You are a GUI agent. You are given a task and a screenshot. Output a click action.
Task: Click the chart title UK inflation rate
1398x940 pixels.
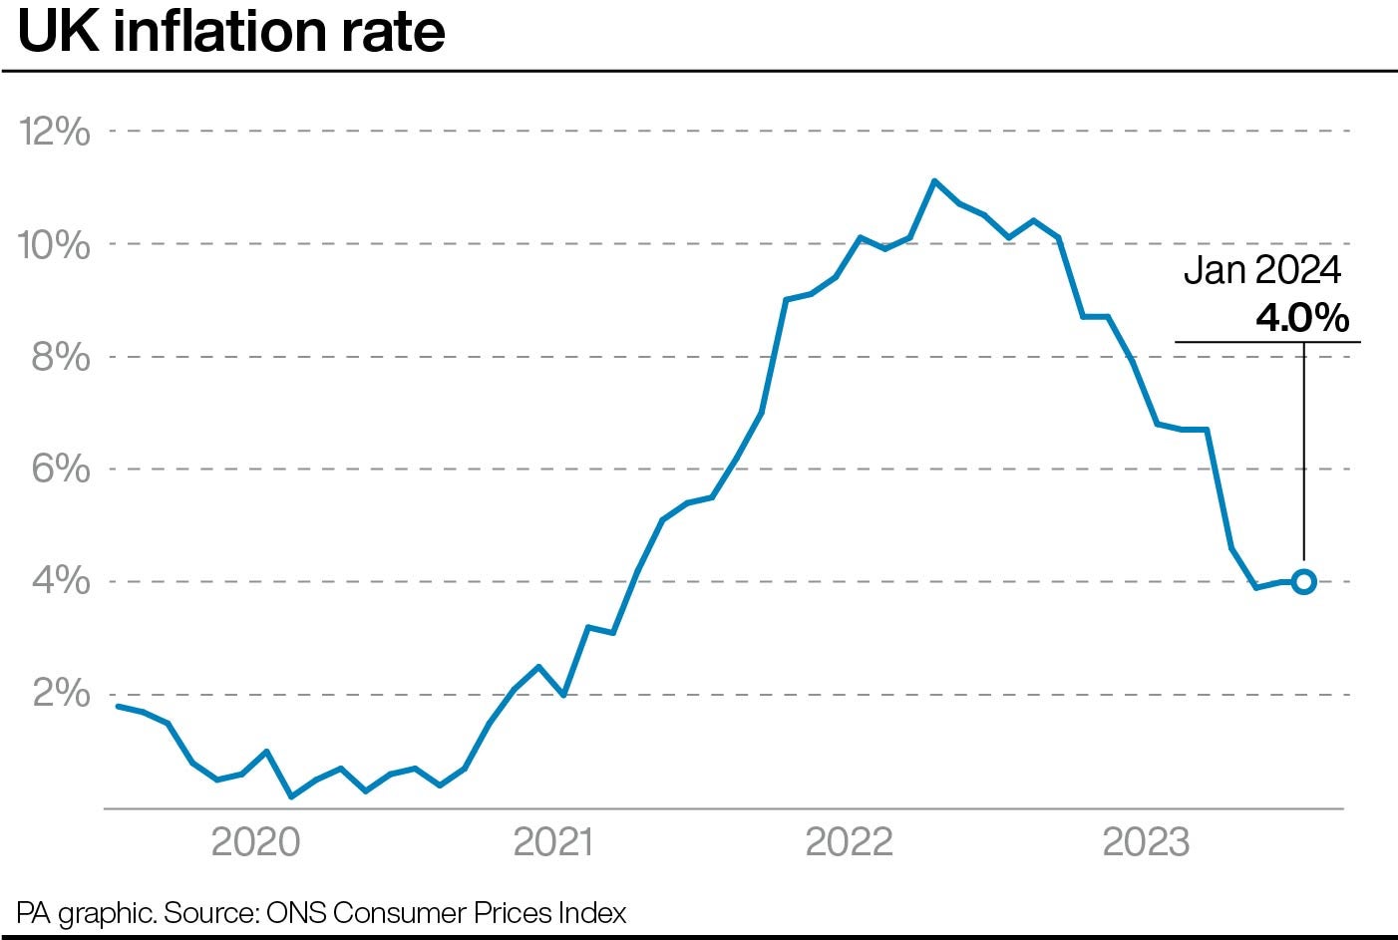pos(231,32)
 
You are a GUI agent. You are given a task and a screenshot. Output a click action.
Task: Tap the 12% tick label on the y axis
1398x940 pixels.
pos(55,132)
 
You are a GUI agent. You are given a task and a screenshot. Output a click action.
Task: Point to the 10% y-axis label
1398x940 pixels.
pos(55,244)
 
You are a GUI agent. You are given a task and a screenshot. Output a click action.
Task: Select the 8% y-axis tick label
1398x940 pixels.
pos(61,357)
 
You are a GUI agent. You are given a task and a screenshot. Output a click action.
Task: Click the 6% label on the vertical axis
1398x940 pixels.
pos(61,469)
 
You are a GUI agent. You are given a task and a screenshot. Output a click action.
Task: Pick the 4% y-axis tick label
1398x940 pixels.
pos(61,581)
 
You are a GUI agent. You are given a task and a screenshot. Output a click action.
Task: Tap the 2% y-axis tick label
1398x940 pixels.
pos(61,694)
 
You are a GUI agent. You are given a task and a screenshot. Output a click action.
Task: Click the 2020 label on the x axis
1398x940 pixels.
pos(256,842)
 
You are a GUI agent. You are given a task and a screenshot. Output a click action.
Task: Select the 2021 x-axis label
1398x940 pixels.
pos(552,842)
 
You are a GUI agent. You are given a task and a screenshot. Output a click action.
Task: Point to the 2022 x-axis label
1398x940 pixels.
pos(849,842)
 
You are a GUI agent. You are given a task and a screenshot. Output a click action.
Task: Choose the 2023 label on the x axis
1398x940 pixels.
pos(1146,842)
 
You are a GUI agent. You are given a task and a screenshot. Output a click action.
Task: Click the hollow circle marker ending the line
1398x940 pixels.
pos(1303,581)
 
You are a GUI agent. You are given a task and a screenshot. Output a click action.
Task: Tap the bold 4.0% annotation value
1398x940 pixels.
pos(1301,317)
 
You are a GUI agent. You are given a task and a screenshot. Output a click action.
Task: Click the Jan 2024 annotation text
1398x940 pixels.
pos(1261,271)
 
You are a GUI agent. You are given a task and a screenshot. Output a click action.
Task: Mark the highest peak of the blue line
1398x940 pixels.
pos(933,181)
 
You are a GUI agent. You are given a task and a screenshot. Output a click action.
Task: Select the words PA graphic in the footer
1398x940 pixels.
pos(84,912)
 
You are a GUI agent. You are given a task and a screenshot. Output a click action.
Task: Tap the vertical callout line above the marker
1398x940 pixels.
pos(1303,449)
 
